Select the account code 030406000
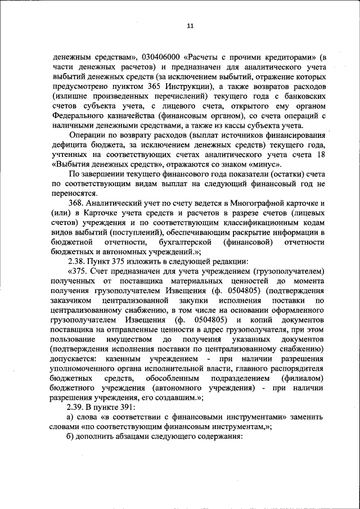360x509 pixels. (162, 57)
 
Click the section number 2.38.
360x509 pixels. (76, 262)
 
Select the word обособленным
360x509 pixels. (173, 379)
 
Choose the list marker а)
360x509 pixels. (70, 418)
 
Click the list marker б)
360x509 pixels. (70, 439)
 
